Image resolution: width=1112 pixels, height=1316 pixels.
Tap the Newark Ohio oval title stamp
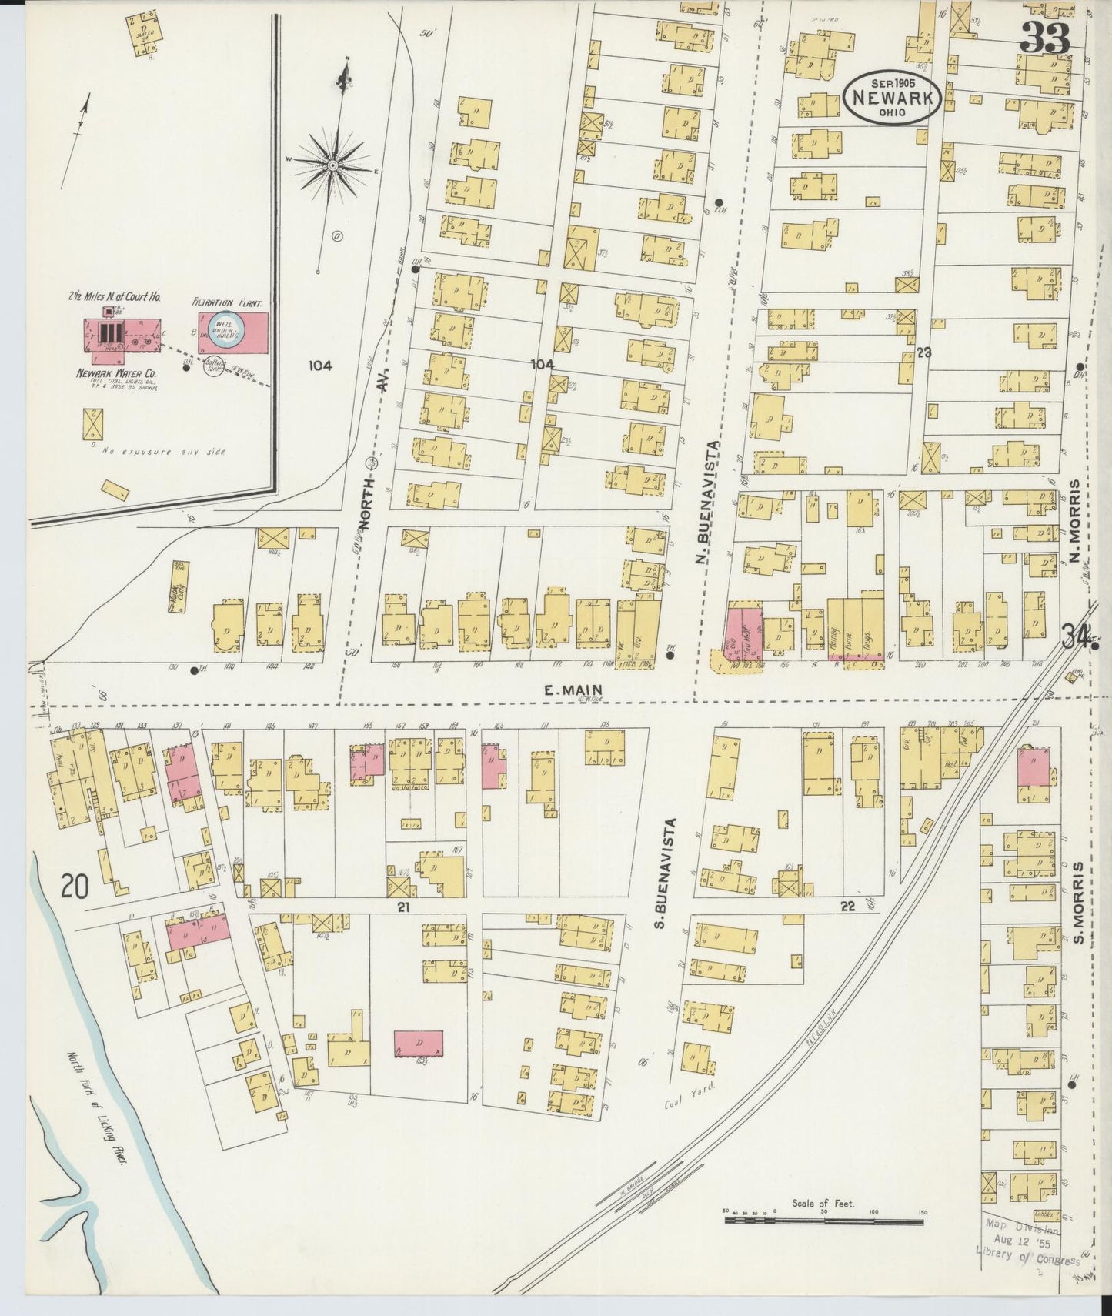(892, 97)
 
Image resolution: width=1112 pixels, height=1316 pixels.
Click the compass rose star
(332, 164)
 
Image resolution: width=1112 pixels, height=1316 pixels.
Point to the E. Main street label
(572, 690)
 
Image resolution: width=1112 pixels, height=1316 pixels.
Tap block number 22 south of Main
(848, 907)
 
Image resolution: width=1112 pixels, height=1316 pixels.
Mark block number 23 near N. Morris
(923, 352)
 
